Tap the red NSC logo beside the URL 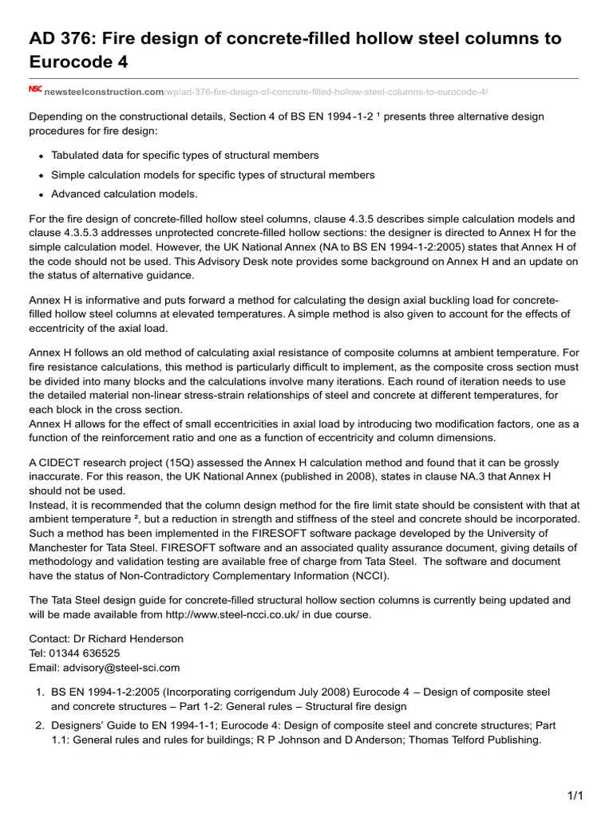[x=35, y=90]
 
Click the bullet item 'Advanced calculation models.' [x=124, y=194]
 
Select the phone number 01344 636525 [x=85, y=653]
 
